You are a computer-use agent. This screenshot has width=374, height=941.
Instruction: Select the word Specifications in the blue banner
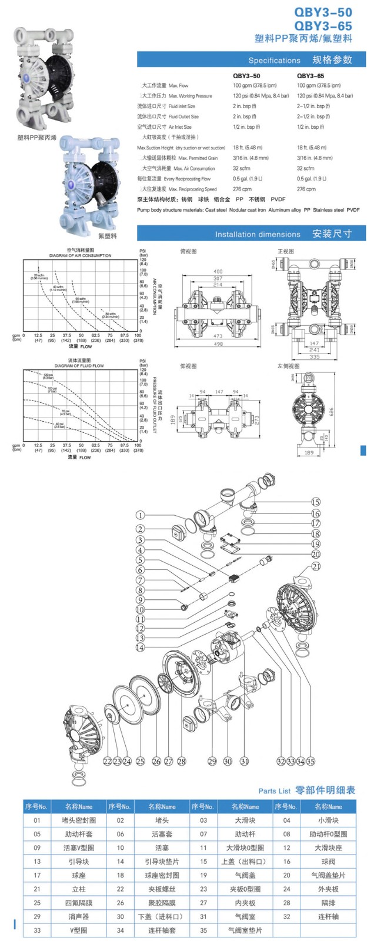274,61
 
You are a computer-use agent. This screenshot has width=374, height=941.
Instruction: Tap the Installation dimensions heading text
258,234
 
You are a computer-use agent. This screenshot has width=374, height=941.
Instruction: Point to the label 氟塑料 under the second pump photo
107,236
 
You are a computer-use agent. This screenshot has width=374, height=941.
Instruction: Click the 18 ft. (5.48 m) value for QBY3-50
246,148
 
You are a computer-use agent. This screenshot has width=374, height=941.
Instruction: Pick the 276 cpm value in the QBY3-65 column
306,189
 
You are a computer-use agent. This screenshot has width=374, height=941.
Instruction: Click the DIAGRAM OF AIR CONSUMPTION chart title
80,255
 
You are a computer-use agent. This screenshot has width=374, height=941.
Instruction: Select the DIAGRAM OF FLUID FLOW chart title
79,366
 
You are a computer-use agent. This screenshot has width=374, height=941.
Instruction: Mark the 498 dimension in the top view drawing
218,344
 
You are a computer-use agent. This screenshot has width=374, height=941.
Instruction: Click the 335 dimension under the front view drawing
315,356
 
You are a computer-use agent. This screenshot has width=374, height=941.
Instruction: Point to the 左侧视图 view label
286,366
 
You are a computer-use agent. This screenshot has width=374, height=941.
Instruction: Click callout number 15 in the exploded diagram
316,502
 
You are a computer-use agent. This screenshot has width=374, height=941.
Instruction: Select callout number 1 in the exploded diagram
140,516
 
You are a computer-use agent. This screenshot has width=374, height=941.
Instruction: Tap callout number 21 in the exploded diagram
316,566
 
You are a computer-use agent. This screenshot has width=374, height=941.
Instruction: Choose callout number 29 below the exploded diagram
212,761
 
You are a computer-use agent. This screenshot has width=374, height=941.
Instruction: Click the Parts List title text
275,791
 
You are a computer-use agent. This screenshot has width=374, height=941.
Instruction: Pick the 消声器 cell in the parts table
78,916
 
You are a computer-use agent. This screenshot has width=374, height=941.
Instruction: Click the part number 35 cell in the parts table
203,930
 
